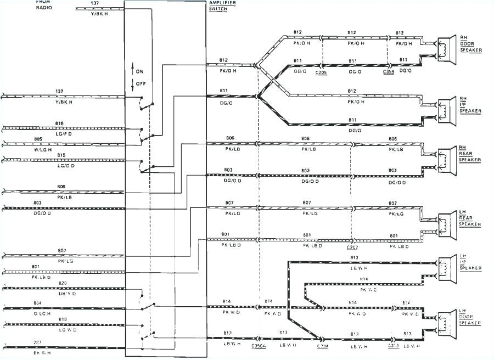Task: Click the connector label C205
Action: click(321, 72)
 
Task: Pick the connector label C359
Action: click(389, 72)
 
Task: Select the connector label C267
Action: click(351, 240)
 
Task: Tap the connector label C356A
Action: click(259, 346)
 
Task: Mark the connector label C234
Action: click(322, 346)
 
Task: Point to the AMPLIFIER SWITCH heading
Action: click(218, 6)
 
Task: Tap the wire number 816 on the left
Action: click(59, 123)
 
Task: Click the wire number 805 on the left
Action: click(54, 139)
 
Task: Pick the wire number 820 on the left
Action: click(63, 283)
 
